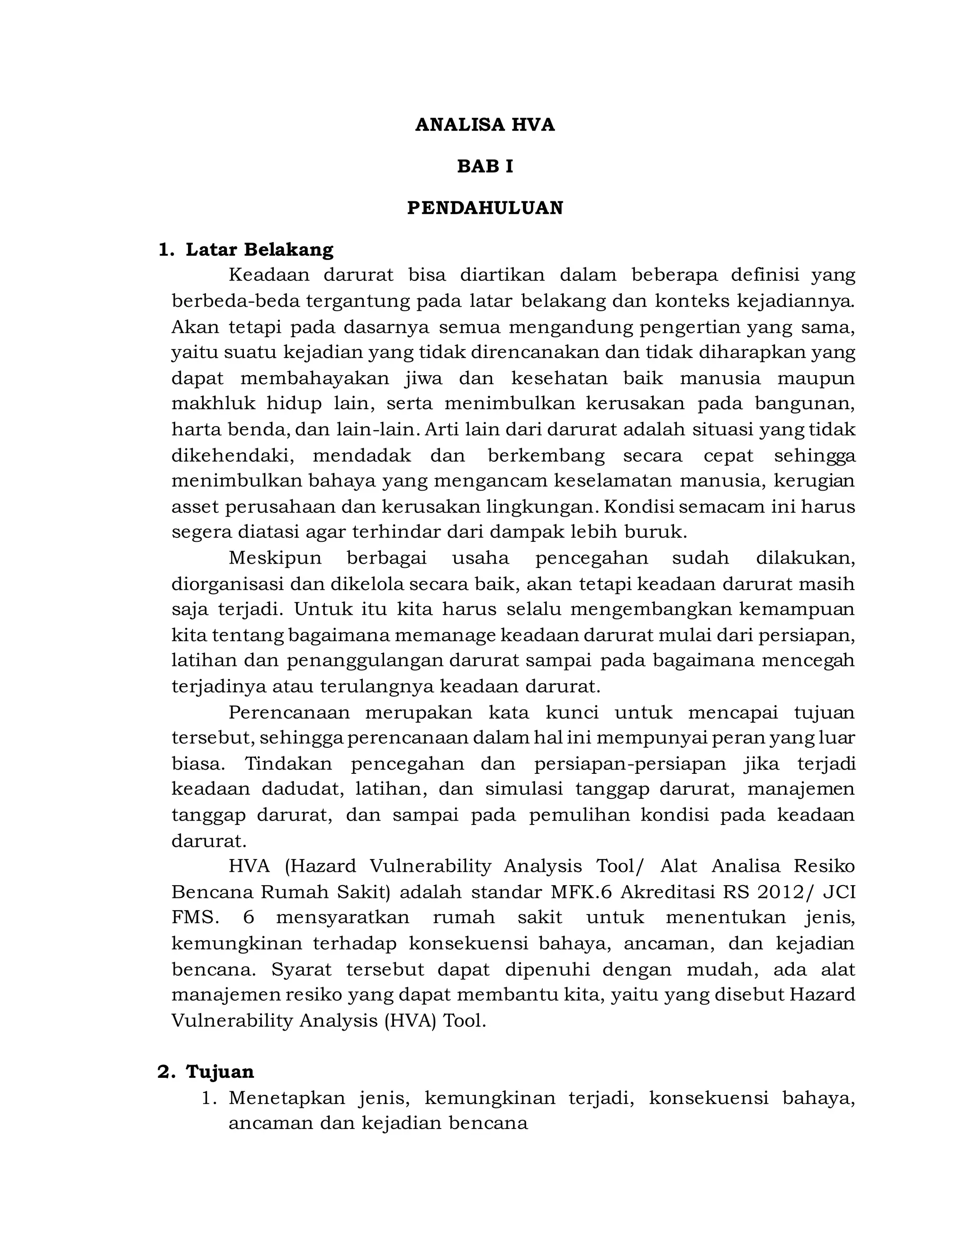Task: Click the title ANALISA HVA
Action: click(x=485, y=125)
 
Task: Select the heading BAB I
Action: click(x=485, y=166)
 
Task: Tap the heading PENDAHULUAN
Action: click(x=485, y=207)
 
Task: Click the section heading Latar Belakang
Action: click(x=259, y=250)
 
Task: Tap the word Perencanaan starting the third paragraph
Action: click(x=289, y=713)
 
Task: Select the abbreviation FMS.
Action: click(x=195, y=917)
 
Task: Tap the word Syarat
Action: click(x=301, y=969)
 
